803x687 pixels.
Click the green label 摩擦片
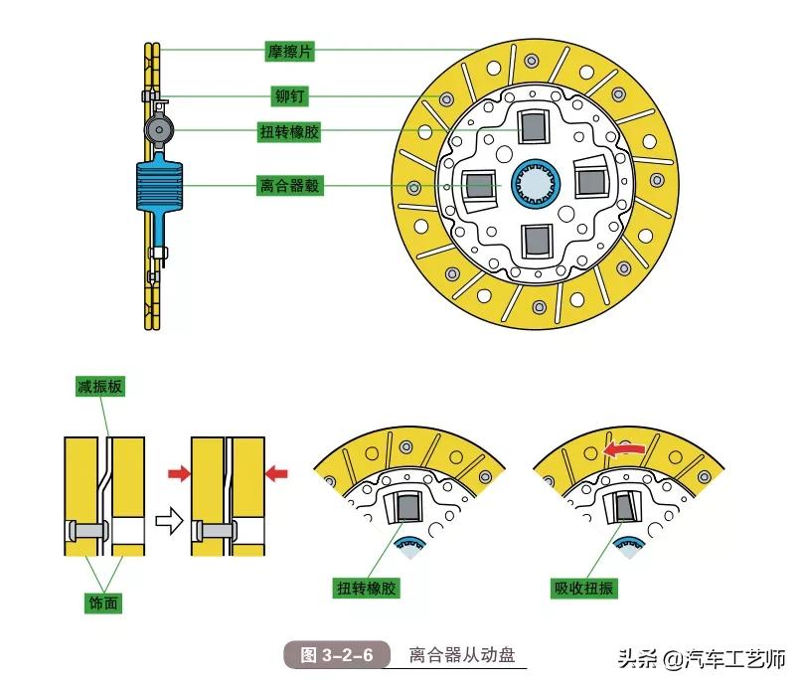tap(287, 50)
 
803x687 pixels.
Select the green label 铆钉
tap(287, 96)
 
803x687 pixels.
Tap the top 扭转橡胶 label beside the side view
tap(287, 131)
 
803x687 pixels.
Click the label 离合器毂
tap(287, 185)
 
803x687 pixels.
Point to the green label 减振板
tap(100, 387)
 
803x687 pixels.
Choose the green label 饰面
tap(100, 603)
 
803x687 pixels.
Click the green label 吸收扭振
tap(583, 589)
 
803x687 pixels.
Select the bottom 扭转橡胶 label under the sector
tap(367, 589)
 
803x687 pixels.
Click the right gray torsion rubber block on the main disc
tap(592, 182)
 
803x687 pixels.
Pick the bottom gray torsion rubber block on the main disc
tap(537, 240)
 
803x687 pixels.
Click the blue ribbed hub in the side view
tap(160, 186)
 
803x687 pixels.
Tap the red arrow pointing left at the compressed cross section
tap(277, 474)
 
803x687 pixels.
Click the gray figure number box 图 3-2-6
tap(337, 655)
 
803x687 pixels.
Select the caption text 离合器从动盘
tap(463, 655)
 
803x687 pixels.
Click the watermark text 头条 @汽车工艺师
tap(701, 659)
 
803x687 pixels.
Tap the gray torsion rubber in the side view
tap(159, 129)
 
